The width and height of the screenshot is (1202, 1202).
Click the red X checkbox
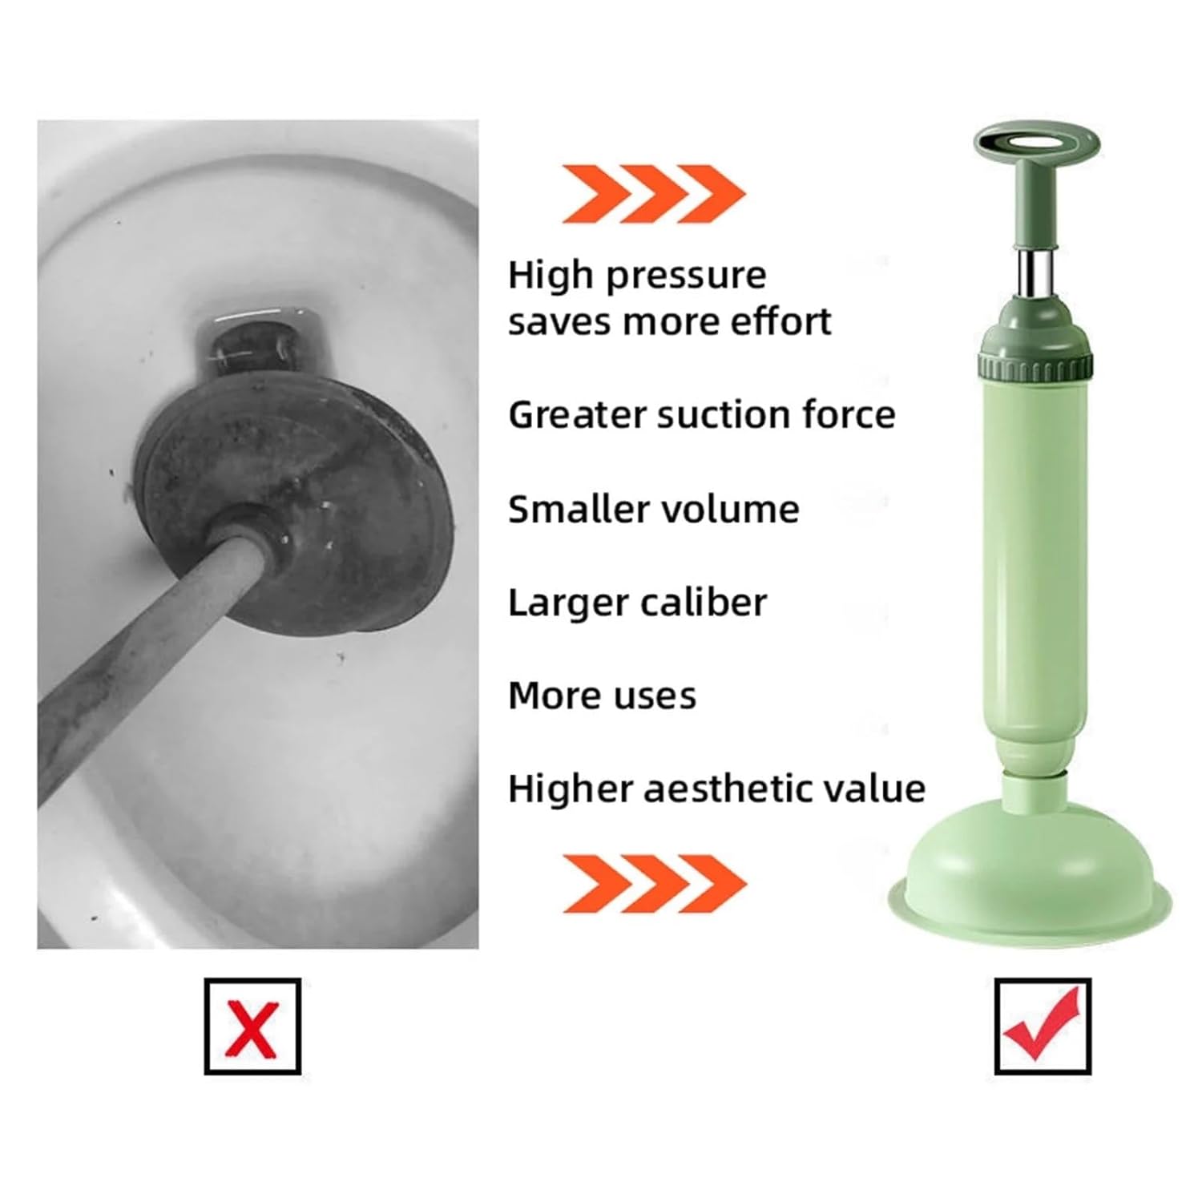point(252,1026)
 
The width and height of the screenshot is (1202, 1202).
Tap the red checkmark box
point(1043,1026)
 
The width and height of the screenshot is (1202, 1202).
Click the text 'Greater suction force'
point(701,415)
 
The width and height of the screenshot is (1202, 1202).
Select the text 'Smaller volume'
point(653,510)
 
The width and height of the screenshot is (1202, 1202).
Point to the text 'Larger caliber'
point(637,603)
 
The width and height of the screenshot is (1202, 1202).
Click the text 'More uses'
point(602,696)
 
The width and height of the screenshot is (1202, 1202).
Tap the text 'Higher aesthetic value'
point(716,789)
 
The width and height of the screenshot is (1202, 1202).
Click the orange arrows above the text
point(653,193)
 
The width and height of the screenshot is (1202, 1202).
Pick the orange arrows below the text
point(653,883)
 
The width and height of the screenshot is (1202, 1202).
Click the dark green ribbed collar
point(1037,369)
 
